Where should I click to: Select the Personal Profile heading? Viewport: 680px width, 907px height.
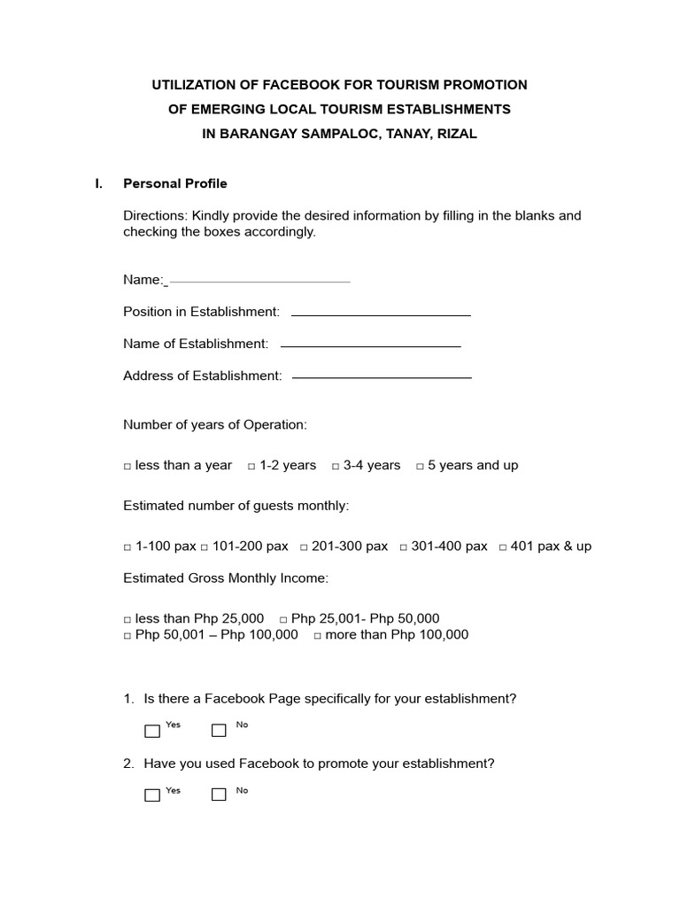(x=174, y=183)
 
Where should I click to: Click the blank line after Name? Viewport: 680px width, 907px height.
(x=259, y=282)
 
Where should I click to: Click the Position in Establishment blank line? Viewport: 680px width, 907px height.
(x=381, y=314)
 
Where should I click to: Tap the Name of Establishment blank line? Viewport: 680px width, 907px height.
(x=370, y=346)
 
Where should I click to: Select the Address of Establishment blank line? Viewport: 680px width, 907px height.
(x=382, y=378)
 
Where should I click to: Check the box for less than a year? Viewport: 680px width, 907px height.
(x=127, y=466)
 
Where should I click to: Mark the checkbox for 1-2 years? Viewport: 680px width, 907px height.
(x=251, y=466)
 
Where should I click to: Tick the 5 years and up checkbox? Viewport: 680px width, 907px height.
(x=420, y=466)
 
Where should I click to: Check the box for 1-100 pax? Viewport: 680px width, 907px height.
(x=127, y=547)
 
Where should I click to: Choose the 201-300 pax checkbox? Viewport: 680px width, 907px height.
(x=304, y=547)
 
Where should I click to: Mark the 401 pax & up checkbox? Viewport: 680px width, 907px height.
(x=503, y=547)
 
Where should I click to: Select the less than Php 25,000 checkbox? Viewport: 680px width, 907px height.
(x=127, y=620)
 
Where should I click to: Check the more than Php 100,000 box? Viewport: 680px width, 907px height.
(x=317, y=636)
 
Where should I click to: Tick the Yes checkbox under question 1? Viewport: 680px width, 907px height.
(x=152, y=731)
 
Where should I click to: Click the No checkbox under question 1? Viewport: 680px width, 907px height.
(x=219, y=731)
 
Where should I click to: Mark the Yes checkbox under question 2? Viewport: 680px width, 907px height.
(x=152, y=795)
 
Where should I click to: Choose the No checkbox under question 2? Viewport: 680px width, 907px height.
(x=219, y=795)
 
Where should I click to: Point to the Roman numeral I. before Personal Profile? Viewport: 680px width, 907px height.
(x=98, y=183)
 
